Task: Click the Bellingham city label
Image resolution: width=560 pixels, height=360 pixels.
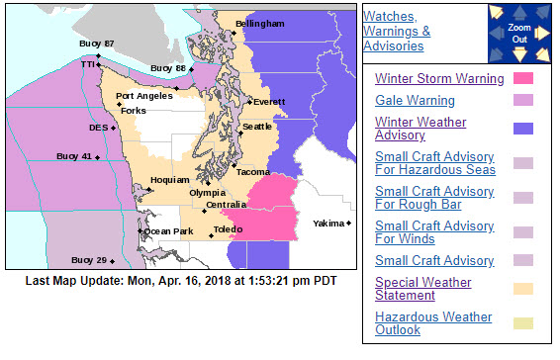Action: pyautogui.click(x=260, y=23)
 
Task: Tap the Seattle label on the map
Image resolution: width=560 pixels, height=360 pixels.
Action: pyautogui.click(x=257, y=127)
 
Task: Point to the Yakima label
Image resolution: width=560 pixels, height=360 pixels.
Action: pyautogui.click(x=328, y=225)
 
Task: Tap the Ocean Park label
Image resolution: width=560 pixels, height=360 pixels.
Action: pyautogui.click(x=169, y=231)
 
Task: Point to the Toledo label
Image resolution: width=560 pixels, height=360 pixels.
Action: pyautogui.click(x=228, y=228)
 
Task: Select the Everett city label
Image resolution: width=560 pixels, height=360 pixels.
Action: pyautogui.click(x=269, y=102)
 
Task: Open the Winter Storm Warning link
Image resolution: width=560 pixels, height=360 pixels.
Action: pyautogui.click(x=439, y=79)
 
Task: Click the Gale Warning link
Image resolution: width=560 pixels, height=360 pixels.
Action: pyautogui.click(x=416, y=101)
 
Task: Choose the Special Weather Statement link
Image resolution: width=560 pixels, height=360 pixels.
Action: pyautogui.click(x=424, y=288)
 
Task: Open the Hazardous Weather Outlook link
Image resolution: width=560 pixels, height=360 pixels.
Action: pyautogui.click(x=433, y=323)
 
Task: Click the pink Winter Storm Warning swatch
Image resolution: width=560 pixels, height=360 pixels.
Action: pyautogui.click(x=523, y=79)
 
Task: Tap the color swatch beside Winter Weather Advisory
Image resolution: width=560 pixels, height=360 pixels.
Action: pyautogui.click(x=523, y=129)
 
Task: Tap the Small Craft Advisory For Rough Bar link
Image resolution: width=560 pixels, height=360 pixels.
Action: pyautogui.click(x=434, y=198)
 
